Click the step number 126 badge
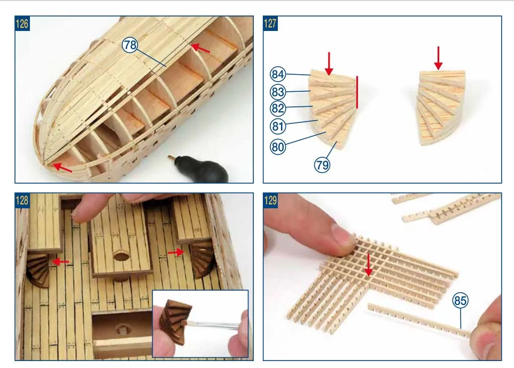[x=22, y=24]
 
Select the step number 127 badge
[x=270, y=24]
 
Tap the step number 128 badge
[x=22, y=200]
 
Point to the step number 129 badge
[x=270, y=200]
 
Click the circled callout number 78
[x=130, y=45]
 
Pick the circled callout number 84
[x=278, y=74]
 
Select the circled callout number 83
[x=278, y=92]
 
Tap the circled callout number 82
[x=278, y=108]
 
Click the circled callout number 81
[x=278, y=126]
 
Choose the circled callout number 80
[x=278, y=147]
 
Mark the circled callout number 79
[x=322, y=165]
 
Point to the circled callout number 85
[x=460, y=300]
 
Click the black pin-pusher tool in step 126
[x=199, y=168]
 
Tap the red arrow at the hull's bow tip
[x=63, y=167]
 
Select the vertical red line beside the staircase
[x=357, y=92]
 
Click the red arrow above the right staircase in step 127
[x=438, y=58]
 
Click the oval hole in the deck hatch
[x=121, y=256]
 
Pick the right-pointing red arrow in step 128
[x=176, y=252]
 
